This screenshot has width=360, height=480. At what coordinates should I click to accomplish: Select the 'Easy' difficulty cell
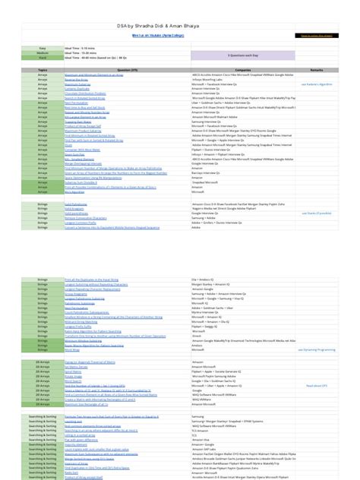click(21, 48)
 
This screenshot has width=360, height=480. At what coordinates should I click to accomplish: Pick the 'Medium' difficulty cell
click(21, 52)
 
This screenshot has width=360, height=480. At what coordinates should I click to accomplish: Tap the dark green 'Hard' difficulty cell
click(21, 57)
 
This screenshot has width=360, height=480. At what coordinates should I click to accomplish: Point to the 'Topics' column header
click(21, 68)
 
